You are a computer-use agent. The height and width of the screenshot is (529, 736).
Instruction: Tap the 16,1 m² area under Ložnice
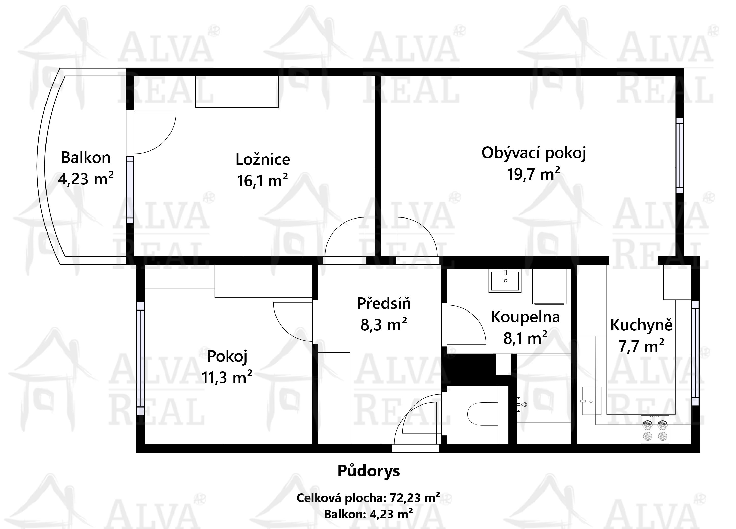click(x=263, y=180)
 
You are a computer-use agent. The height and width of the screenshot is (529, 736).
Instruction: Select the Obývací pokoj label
click(x=533, y=153)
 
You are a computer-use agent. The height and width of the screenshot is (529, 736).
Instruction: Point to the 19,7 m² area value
click(x=533, y=174)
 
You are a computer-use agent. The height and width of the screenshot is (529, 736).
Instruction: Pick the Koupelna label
click(x=525, y=317)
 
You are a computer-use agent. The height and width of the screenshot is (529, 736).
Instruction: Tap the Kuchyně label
click(x=641, y=325)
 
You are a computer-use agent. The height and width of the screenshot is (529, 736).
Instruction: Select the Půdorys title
click(x=369, y=471)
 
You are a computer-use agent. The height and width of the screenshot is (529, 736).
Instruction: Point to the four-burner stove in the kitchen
click(x=655, y=429)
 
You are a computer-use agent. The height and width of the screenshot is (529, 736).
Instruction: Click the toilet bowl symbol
click(x=483, y=414)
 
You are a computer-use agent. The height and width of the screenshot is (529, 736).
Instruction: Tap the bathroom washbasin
click(x=505, y=281)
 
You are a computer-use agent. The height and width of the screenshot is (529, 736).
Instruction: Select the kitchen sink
click(x=592, y=401)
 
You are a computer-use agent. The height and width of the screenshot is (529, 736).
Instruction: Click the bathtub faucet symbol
click(x=521, y=404)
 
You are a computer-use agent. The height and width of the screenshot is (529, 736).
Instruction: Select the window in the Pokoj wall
click(x=141, y=359)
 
